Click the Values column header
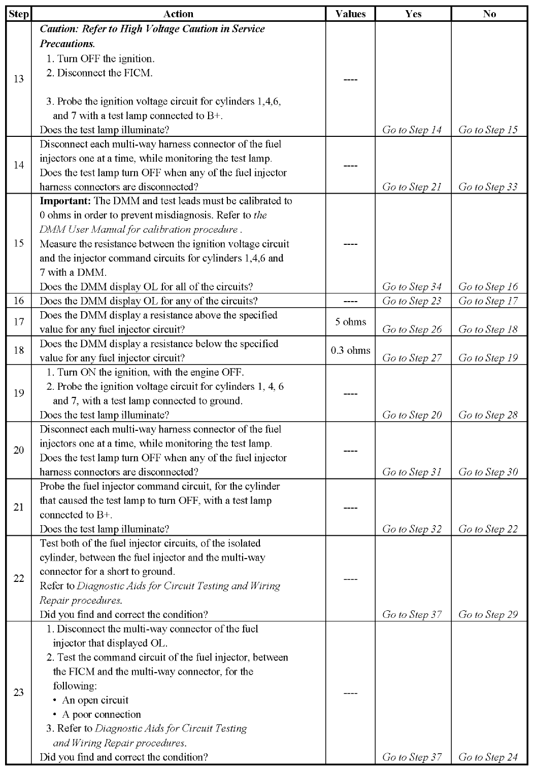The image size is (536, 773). (350, 14)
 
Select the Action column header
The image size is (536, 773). (179, 14)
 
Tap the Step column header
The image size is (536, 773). (19, 14)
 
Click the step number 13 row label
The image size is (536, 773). (19, 79)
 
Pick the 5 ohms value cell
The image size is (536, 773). (350, 322)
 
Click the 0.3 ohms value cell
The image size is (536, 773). (350, 350)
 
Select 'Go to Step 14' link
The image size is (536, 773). (412, 130)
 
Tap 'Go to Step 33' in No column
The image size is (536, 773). (488, 187)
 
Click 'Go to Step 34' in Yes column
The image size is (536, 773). (412, 287)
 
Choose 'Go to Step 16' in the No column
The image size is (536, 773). (488, 287)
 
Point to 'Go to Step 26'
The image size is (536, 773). (412, 329)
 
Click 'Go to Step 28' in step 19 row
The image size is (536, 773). (488, 415)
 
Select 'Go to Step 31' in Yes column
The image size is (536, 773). (412, 472)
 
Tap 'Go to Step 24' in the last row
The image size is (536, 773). (488, 757)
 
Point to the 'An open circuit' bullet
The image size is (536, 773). (95, 700)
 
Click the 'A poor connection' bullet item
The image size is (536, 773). (101, 714)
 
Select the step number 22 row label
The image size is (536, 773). (19, 578)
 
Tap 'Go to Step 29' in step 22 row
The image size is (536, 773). (488, 615)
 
